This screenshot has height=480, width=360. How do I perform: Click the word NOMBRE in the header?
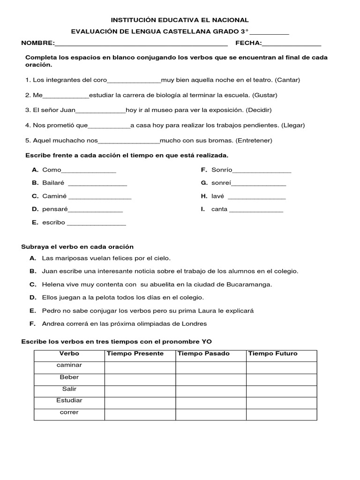tap(37, 43)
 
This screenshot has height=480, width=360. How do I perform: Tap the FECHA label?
tap(248, 43)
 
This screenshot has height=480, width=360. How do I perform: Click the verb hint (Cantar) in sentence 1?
tap(287, 80)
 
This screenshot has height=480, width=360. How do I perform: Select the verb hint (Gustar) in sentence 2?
tap(264, 95)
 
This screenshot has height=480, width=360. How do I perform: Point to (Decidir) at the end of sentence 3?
tap(259, 110)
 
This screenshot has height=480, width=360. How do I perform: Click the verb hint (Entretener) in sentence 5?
tap(254, 141)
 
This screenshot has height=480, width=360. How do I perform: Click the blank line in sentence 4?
tap(109, 126)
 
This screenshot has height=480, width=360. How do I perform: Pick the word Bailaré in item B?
tap(53, 183)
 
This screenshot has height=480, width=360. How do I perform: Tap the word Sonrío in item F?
tap(222, 170)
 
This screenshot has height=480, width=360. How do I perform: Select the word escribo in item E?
tap(53, 223)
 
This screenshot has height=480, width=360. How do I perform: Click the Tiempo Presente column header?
tap(135, 354)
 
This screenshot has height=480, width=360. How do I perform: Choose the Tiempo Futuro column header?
tap(273, 354)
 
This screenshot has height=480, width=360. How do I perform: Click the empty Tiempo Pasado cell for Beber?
tap(211, 379)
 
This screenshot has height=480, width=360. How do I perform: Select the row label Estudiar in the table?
tap(69, 401)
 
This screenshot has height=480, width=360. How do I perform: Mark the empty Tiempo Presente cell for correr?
tap(140, 414)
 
